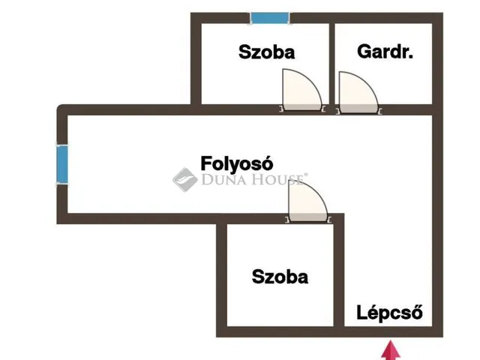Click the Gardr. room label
click(x=385, y=52)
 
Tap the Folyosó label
click(x=235, y=163)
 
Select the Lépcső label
click(x=390, y=312)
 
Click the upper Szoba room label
click(x=266, y=52)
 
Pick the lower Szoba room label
click(x=280, y=276)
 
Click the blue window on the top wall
click(x=270, y=18)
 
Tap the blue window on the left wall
click(x=62, y=163)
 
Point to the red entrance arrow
click(x=391, y=351)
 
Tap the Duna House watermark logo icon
click(x=184, y=179)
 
